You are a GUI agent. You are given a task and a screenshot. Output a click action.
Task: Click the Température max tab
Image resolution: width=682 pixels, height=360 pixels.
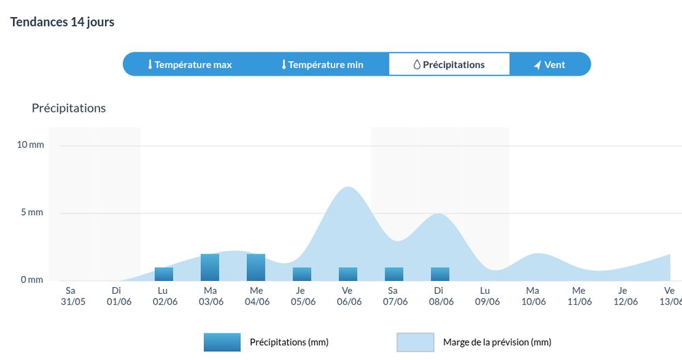pyautogui.click(x=190, y=65)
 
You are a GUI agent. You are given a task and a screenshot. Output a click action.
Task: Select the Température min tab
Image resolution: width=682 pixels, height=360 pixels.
pyautogui.click(x=322, y=65)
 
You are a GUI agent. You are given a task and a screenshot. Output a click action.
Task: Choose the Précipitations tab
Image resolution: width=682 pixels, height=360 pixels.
pyautogui.click(x=449, y=65)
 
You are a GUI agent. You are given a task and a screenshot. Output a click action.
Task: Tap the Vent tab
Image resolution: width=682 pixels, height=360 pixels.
pyautogui.click(x=549, y=65)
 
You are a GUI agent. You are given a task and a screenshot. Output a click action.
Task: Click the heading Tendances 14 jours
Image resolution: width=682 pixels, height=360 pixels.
pyautogui.click(x=62, y=22)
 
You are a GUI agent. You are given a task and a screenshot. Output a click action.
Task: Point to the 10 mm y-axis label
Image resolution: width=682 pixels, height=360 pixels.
pyautogui.click(x=31, y=145)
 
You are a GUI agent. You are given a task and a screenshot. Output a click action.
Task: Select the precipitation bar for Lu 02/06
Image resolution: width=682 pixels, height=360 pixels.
pyautogui.click(x=164, y=274)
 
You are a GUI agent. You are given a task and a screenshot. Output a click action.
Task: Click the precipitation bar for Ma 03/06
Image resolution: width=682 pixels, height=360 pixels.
pyautogui.click(x=210, y=267)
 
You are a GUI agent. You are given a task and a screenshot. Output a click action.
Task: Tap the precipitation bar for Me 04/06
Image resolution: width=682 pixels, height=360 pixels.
pyautogui.click(x=256, y=267)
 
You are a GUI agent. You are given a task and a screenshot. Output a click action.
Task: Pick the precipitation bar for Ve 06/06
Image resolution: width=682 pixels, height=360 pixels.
pyautogui.click(x=348, y=274)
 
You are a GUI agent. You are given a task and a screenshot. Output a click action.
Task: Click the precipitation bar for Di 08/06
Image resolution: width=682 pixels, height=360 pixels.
pyautogui.click(x=440, y=274)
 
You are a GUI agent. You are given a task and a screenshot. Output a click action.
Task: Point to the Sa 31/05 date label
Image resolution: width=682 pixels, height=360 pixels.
pyautogui.click(x=71, y=296)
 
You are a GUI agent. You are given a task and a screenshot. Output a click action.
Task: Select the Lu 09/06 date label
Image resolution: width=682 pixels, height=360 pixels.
pyautogui.click(x=486, y=296)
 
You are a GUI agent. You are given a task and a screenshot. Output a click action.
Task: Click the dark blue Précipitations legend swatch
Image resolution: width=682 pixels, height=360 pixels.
pyautogui.click(x=222, y=342)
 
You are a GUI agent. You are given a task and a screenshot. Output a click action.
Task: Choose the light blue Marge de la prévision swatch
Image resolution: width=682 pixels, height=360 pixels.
pyautogui.click(x=415, y=342)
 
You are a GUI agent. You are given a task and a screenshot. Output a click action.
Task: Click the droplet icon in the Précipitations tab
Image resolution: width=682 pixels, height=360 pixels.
pyautogui.click(x=417, y=65)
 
